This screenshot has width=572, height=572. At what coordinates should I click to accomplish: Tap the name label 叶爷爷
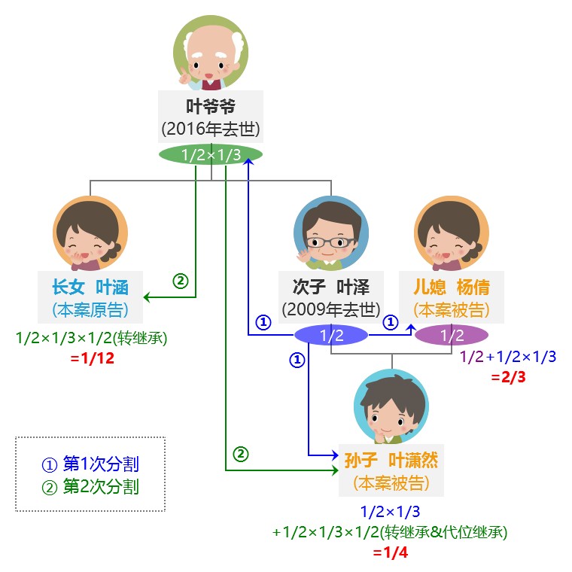point(210,105)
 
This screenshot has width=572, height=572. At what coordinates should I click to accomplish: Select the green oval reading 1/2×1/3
point(211,155)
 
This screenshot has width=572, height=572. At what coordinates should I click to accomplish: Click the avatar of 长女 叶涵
point(90,233)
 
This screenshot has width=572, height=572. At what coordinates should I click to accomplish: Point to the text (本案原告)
point(90,309)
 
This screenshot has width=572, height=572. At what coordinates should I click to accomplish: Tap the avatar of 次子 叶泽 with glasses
point(330,233)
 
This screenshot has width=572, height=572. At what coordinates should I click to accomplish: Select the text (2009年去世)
point(330,309)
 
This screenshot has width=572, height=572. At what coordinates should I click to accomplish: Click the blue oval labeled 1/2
point(330,335)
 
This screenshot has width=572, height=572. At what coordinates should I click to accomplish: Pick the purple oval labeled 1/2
point(452,335)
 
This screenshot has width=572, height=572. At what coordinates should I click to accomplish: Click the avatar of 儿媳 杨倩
point(452,233)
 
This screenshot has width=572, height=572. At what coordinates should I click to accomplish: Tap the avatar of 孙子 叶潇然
point(391,406)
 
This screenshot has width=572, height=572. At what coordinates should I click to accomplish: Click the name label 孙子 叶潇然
point(391,459)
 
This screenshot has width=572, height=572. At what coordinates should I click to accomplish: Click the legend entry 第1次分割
point(91,464)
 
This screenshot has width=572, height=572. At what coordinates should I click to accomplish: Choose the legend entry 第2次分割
point(91,486)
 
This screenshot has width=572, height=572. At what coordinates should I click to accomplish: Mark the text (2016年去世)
point(210,129)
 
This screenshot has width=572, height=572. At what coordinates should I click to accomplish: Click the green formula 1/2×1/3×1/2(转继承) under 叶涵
point(91,339)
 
